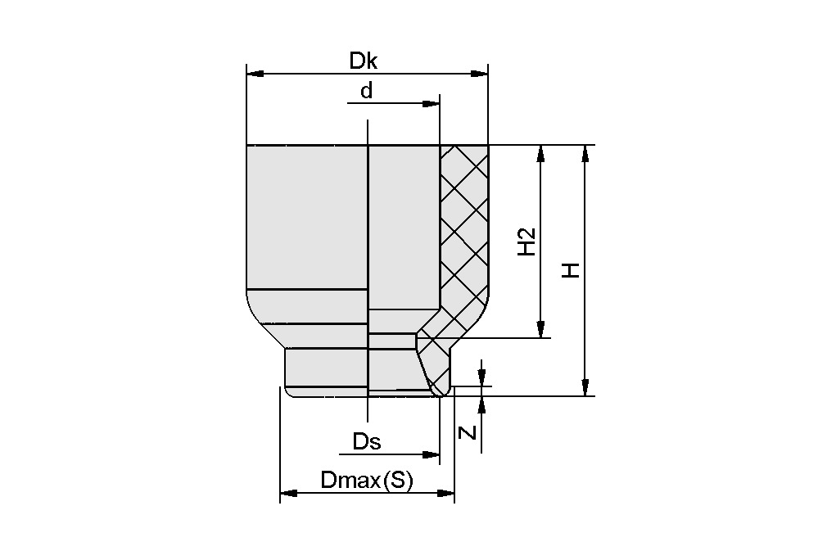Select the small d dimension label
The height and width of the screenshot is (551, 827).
[367, 91]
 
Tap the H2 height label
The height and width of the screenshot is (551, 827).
[527, 242]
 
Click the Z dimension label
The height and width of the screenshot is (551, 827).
[468, 431]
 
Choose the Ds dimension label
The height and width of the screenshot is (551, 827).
[367, 442]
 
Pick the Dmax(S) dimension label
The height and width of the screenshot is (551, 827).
[367, 481]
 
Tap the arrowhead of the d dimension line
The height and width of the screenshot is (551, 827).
[432, 104]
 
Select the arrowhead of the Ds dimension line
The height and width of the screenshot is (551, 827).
[432, 454]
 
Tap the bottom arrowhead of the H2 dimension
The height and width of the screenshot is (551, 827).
[540, 329]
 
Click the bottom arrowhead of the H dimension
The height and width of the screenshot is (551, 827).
[585, 387]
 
